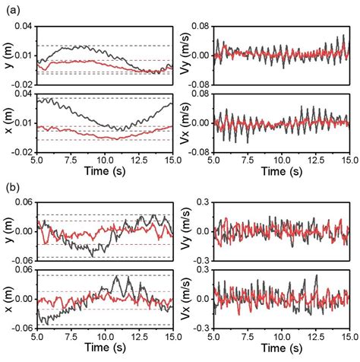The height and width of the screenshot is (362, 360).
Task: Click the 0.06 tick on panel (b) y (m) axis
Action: (x=24, y=202)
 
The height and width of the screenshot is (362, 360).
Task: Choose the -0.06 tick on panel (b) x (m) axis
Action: (x=23, y=325)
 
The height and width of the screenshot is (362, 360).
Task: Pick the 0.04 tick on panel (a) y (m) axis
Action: (x=24, y=27)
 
